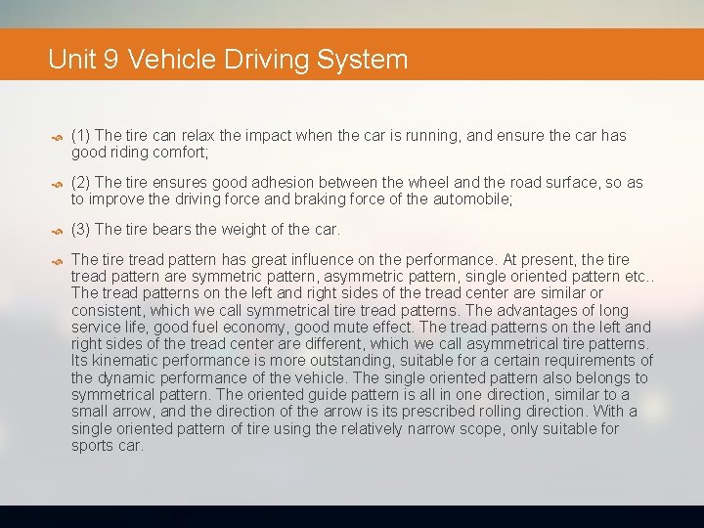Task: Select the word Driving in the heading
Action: pos(267,60)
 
